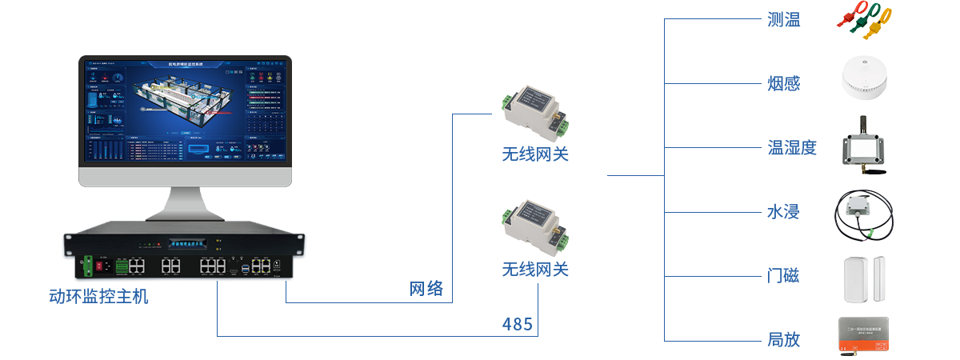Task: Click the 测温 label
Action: coord(783,21)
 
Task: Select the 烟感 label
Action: coord(783,83)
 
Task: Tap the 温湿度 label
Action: coord(792,147)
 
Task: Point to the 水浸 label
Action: coord(783,212)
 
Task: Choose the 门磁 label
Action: coord(783,276)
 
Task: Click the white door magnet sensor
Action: coord(865,278)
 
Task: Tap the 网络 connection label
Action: coord(426,289)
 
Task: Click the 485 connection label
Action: coord(517,324)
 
